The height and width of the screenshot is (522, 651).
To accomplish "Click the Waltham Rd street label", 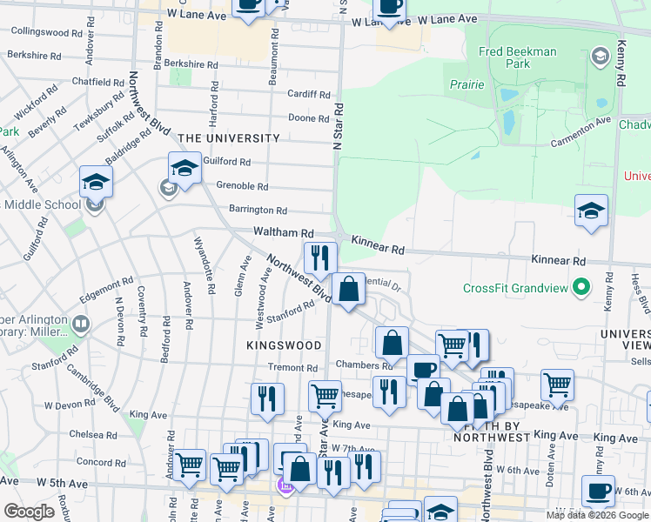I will tap(283, 233).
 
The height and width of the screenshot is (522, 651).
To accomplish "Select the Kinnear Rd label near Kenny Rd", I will tap(557, 260).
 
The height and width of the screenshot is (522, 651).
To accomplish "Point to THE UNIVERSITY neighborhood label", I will tap(229, 138).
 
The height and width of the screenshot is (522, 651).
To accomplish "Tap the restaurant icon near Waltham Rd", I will tap(320, 258).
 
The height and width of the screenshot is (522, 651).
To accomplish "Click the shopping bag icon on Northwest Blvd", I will tap(348, 289).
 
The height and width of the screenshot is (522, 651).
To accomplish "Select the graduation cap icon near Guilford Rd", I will tap(185, 167).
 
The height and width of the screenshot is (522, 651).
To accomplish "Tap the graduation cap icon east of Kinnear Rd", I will tap(591, 210).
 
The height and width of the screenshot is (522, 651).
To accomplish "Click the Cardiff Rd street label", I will tap(311, 95).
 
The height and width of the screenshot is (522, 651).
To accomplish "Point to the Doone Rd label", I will tap(308, 118).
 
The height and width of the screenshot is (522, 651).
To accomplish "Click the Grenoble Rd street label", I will tap(242, 186).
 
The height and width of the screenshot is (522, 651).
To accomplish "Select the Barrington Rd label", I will tap(258, 210).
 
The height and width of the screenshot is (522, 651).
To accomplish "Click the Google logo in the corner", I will tap(28, 512).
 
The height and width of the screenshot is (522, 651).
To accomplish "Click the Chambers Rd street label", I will tap(359, 365).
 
